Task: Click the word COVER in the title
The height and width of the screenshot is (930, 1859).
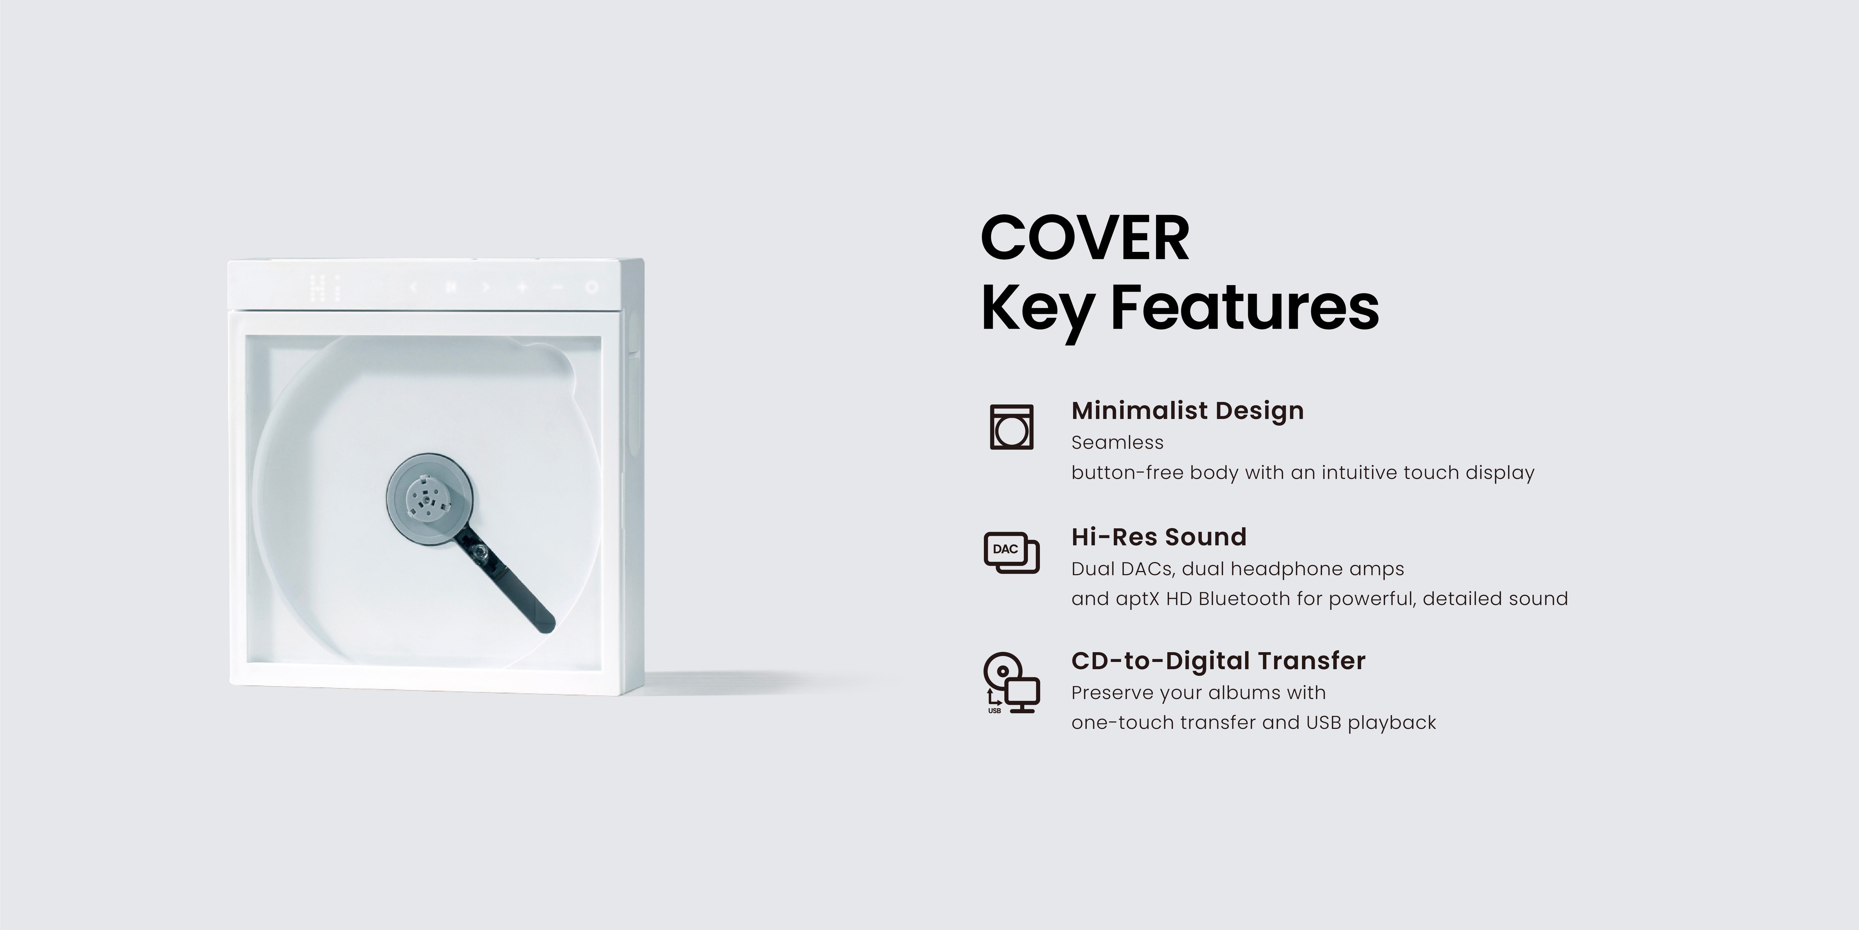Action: tap(1085, 238)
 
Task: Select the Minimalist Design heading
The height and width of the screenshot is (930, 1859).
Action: tap(1187, 410)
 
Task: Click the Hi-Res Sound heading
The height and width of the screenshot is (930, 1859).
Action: tap(1158, 536)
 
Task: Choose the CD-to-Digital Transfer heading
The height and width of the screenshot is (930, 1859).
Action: tap(1218, 661)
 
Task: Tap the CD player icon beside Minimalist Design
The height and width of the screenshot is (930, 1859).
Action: tap(1011, 427)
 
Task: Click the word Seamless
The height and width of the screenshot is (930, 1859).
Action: tap(1117, 443)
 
